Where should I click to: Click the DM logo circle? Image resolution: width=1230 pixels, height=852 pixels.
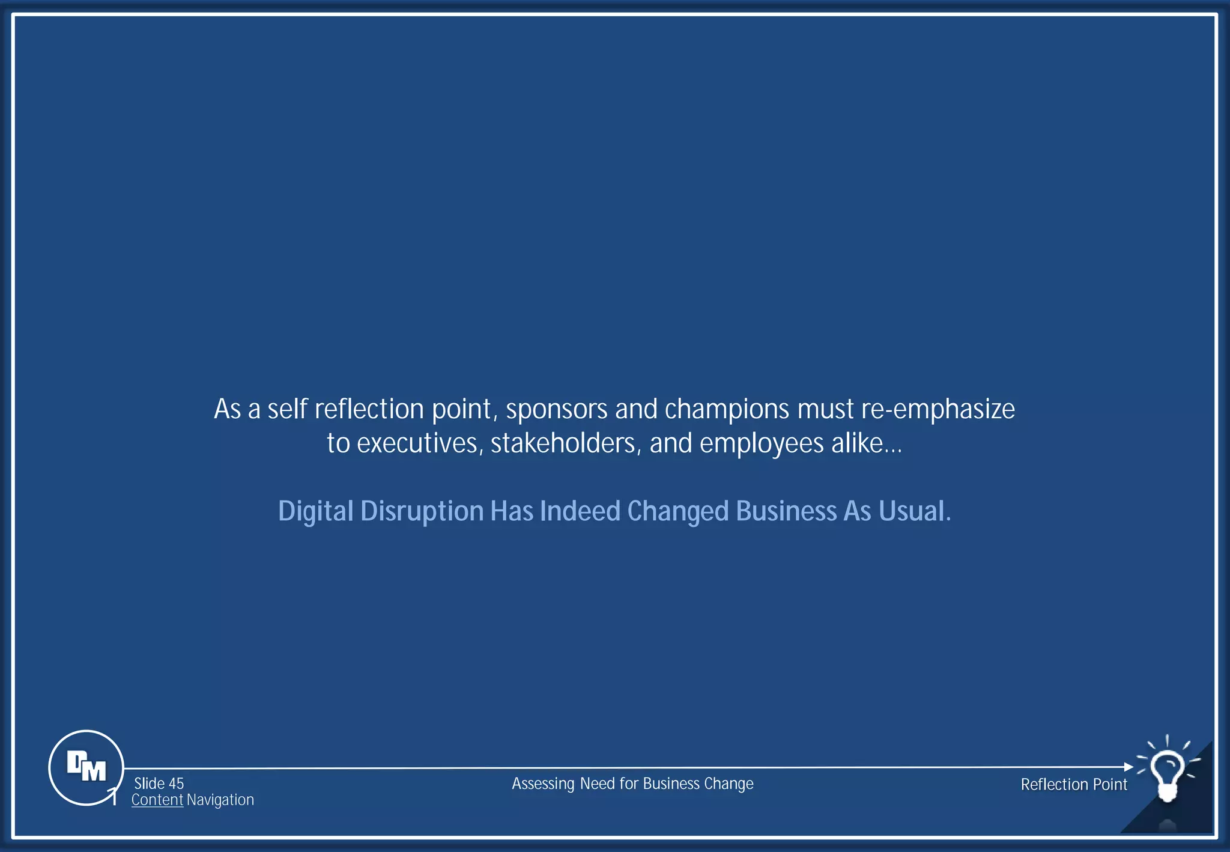[x=86, y=767]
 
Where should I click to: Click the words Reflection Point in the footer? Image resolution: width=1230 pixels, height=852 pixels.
[x=1074, y=784]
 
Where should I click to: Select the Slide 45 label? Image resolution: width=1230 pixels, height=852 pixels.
[x=159, y=784]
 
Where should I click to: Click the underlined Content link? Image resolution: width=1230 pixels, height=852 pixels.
[x=157, y=800]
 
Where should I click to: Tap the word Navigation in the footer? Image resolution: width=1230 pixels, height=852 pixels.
[x=220, y=800]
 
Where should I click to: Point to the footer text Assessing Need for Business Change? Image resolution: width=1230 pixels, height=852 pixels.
[x=632, y=784]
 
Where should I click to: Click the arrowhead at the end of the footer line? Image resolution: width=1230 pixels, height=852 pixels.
[x=1129, y=767]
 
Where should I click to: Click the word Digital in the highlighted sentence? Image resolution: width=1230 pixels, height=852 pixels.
[x=316, y=511]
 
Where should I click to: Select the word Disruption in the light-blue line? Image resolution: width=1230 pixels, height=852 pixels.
[x=422, y=511]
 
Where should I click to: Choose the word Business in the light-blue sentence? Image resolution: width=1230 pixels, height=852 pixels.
[x=786, y=511]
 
